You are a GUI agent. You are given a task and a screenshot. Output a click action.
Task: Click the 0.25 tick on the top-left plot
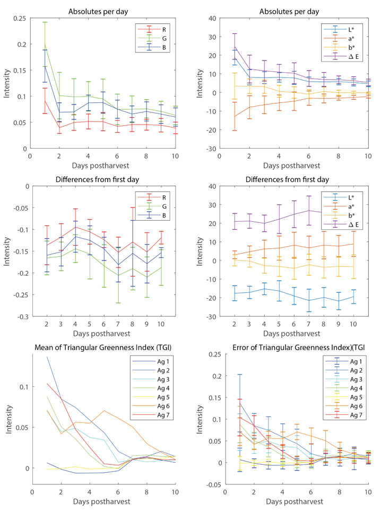coord(20,18)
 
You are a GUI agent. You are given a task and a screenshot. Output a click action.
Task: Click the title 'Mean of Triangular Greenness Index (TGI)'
coord(101,348)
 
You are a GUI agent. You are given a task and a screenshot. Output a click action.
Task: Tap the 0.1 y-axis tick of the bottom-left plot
coord(23,386)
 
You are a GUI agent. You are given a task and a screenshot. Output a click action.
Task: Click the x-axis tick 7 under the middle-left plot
coord(118,325)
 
